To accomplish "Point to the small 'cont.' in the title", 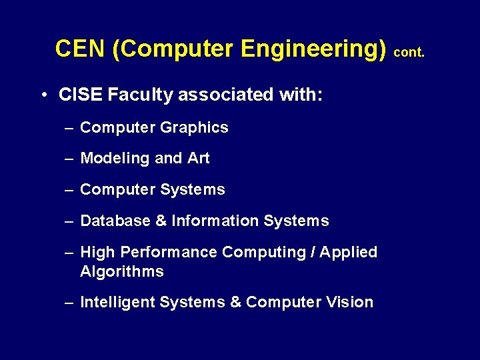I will coord(409,52).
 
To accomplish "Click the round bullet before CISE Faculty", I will coord(43,95).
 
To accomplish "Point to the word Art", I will coord(199,159).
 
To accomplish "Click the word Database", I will coord(115,221).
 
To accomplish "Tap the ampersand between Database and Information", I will coord(161,221).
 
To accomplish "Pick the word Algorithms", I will coord(121,271).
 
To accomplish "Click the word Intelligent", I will coord(117,303).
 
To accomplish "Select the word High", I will coord(95,253).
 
